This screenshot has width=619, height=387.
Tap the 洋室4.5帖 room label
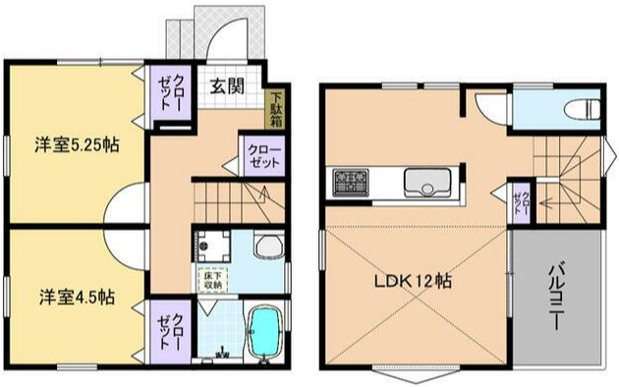point(75,296)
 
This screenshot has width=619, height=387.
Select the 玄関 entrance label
point(227,85)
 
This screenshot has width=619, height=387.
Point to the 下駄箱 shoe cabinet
point(278,109)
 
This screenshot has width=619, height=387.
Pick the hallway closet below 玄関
point(263,157)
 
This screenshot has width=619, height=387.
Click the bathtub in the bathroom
point(264,335)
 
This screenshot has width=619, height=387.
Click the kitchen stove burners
point(349,182)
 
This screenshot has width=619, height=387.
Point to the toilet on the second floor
point(581,107)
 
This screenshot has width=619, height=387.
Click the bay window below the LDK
point(406,371)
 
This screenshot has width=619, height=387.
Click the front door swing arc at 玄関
point(227,44)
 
